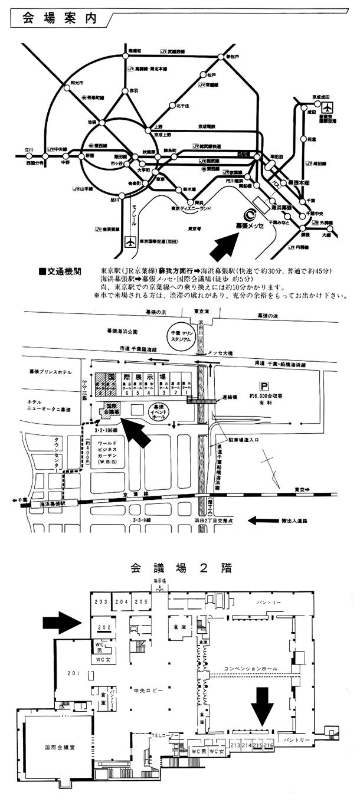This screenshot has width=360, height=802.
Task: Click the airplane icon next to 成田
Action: point(328,108)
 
